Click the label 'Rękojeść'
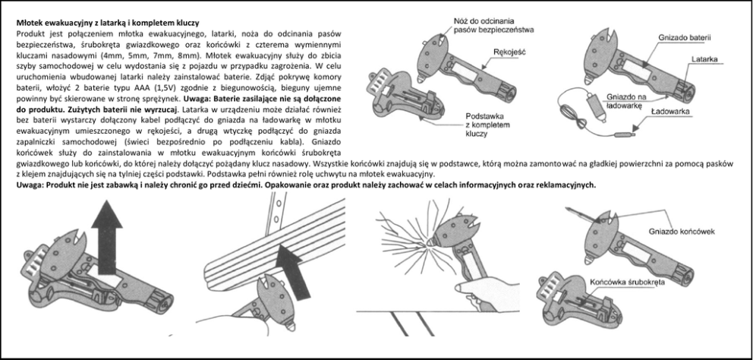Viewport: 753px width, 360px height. (x=509, y=52)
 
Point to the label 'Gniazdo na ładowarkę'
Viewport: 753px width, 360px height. (x=633, y=102)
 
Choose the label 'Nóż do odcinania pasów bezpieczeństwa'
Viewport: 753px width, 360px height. (x=494, y=25)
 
